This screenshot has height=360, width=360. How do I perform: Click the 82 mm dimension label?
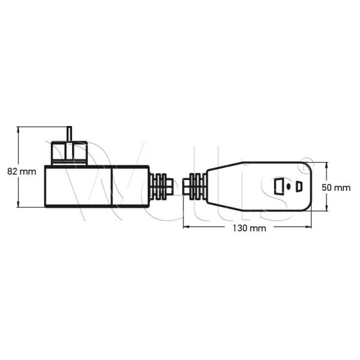[x=22, y=171]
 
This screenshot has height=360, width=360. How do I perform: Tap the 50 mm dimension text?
[x=335, y=187]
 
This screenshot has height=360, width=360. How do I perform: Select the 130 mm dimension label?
[x=250, y=229]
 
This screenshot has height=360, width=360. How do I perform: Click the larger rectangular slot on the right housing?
[x=278, y=186]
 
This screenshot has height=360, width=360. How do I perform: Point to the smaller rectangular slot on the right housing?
[x=299, y=186]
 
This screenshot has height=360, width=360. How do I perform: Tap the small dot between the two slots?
[x=289, y=186]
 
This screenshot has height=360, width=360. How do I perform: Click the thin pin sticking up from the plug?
[x=69, y=134]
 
